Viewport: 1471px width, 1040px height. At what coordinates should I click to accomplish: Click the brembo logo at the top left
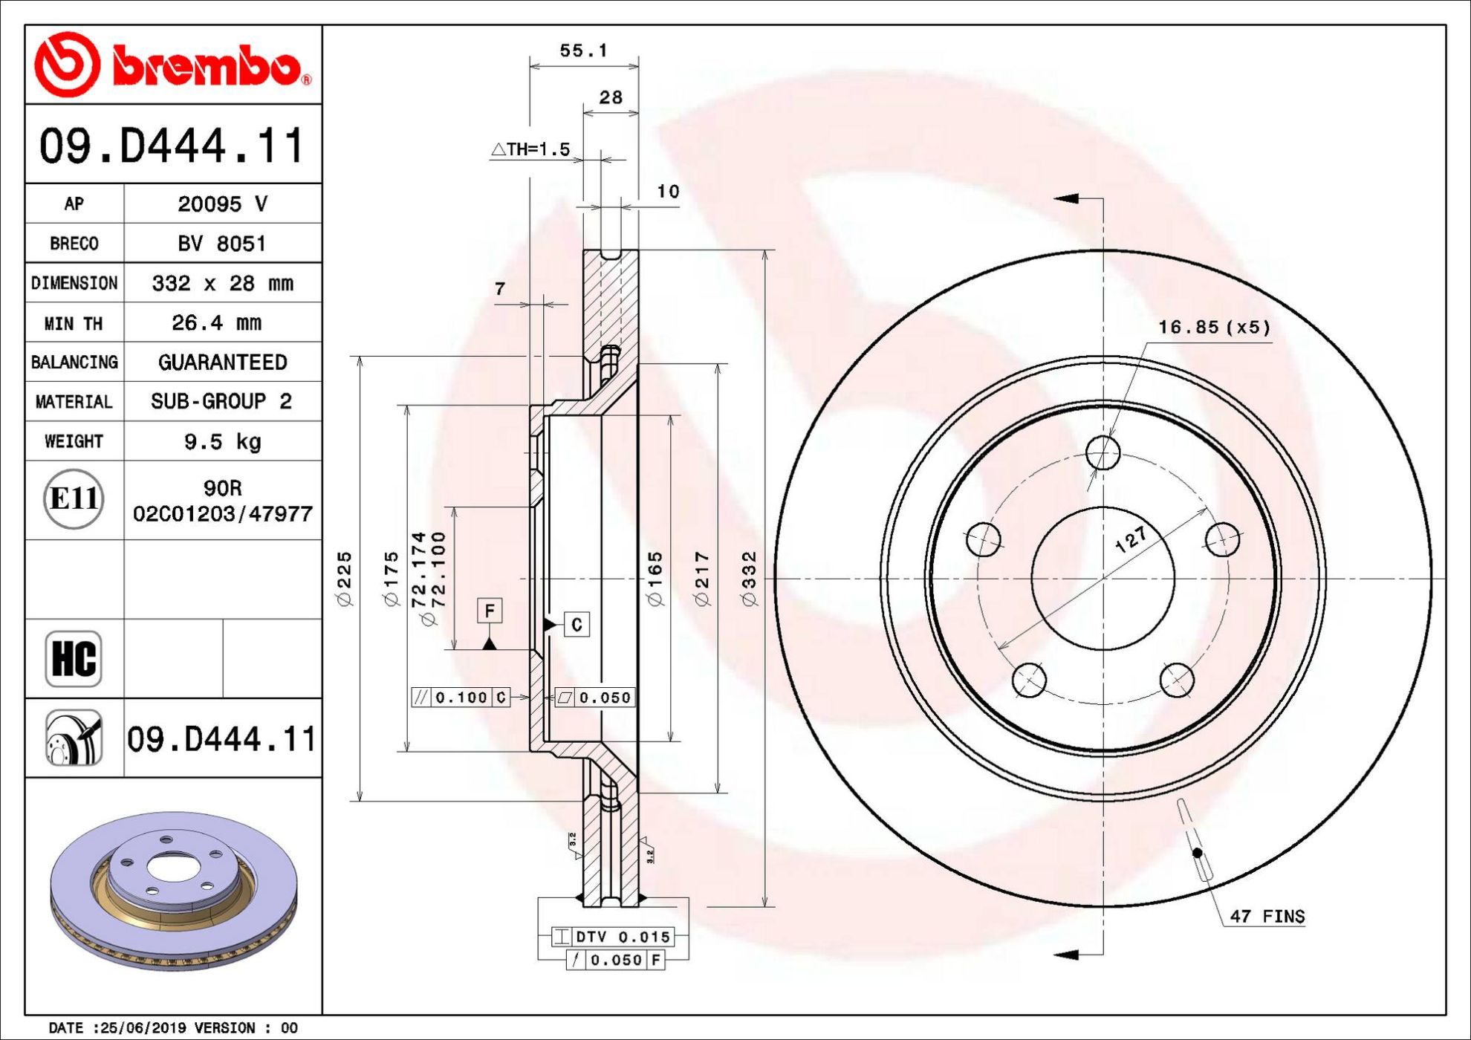[x=173, y=65]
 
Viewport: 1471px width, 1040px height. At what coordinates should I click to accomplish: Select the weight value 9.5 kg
[x=223, y=442]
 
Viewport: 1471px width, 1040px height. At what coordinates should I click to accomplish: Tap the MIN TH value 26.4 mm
[x=216, y=322]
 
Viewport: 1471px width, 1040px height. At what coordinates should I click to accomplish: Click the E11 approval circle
[x=74, y=498]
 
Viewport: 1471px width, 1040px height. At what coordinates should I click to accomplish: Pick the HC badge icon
[x=74, y=658]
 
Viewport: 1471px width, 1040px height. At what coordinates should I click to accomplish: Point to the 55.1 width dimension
[x=584, y=51]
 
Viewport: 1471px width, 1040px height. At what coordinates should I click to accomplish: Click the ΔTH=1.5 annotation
[x=530, y=149]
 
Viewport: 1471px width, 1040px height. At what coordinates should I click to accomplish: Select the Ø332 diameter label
[x=749, y=579]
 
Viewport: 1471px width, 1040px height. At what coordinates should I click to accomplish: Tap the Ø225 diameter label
[x=345, y=579]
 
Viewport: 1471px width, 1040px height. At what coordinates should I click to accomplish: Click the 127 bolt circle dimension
[x=1131, y=539]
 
